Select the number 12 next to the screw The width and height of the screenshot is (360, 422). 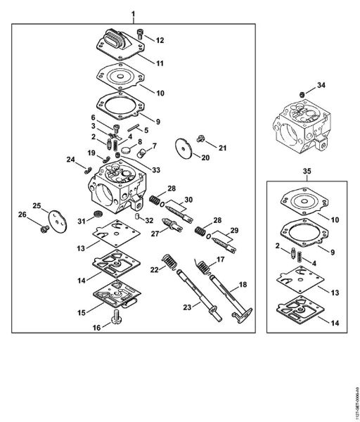coord(160,40)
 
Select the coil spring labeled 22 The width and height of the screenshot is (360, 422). coord(168,264)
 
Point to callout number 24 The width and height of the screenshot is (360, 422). coord(70,160)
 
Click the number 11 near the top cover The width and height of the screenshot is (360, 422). coord(160,63)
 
